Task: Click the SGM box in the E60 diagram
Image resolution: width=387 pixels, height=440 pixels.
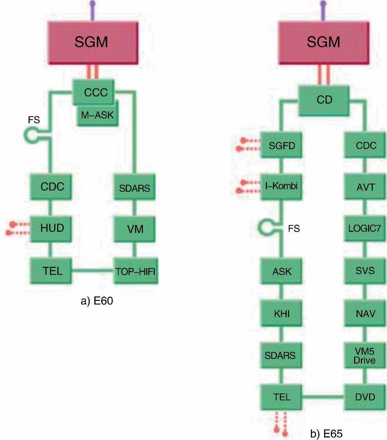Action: (x=91, y=42)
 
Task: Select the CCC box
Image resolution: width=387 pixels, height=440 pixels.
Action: (x=96, y=92)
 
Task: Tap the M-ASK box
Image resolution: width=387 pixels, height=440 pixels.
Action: (x=98, y=115)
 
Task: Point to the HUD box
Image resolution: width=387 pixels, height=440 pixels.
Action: (x=52, y=228)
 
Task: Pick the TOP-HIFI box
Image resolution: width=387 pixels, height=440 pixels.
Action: (x=135, y=271)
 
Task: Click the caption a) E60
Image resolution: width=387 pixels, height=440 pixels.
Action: (x=97, y=301)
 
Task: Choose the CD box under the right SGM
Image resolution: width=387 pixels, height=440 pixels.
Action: (x=324, y=100)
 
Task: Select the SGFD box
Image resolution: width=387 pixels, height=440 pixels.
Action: (x=282, y=145)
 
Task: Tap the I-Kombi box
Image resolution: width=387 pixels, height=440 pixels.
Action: (x=282, y=186)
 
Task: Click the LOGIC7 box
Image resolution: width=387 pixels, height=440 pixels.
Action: (x=365, y=228)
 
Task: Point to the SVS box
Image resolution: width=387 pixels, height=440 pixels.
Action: (x=365, y=270)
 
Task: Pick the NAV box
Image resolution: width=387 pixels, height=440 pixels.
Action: (x=365, y=314)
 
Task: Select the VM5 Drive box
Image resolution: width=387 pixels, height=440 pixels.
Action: (x=364, y=356)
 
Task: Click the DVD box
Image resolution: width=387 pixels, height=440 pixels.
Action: (x=365, y=397)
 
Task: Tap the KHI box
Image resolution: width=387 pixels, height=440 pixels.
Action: (x=282, y=314)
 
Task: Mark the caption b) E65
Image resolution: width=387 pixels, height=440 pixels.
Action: (x=326, y=433)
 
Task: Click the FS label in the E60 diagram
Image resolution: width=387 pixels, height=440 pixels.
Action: (x=34, y=120)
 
